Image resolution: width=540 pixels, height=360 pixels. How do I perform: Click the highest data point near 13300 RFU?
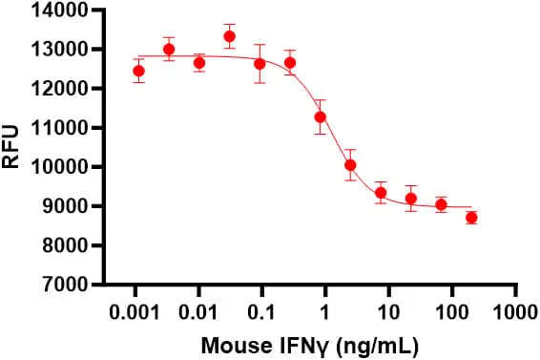tap(229, 36)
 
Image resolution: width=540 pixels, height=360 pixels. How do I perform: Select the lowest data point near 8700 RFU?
tap(471, 218)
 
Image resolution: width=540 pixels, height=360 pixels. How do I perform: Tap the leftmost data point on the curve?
tap(138, 71)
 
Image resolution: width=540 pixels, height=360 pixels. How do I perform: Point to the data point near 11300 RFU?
tap(321, 117)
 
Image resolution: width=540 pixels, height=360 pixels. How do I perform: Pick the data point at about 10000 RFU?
tap(350, 165)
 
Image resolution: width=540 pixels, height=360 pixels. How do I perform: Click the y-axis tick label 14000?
tap(59, 11)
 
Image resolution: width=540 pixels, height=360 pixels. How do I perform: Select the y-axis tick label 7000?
tap(65, 285)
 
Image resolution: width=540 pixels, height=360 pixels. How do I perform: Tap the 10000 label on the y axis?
tap(59, 167)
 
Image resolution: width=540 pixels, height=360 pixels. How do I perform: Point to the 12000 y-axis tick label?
tap(59, 89)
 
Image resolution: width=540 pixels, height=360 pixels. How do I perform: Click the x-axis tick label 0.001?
tap(135, 312)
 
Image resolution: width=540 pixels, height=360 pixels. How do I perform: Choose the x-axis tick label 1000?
tap(515, 312)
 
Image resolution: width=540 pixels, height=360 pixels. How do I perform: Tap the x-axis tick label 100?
tap(452, 312)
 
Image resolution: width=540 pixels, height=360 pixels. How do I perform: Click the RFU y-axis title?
tap(10, 147)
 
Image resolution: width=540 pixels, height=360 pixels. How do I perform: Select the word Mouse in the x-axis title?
tap(236, 346)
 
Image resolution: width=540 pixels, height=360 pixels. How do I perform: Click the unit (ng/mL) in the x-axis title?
tap(377, 347)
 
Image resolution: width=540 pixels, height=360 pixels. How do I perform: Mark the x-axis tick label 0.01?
tap(197, 312)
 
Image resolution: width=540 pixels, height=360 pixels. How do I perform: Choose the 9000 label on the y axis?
tap(65, 206)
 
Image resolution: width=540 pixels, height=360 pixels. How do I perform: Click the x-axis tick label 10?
tap(388, 312)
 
